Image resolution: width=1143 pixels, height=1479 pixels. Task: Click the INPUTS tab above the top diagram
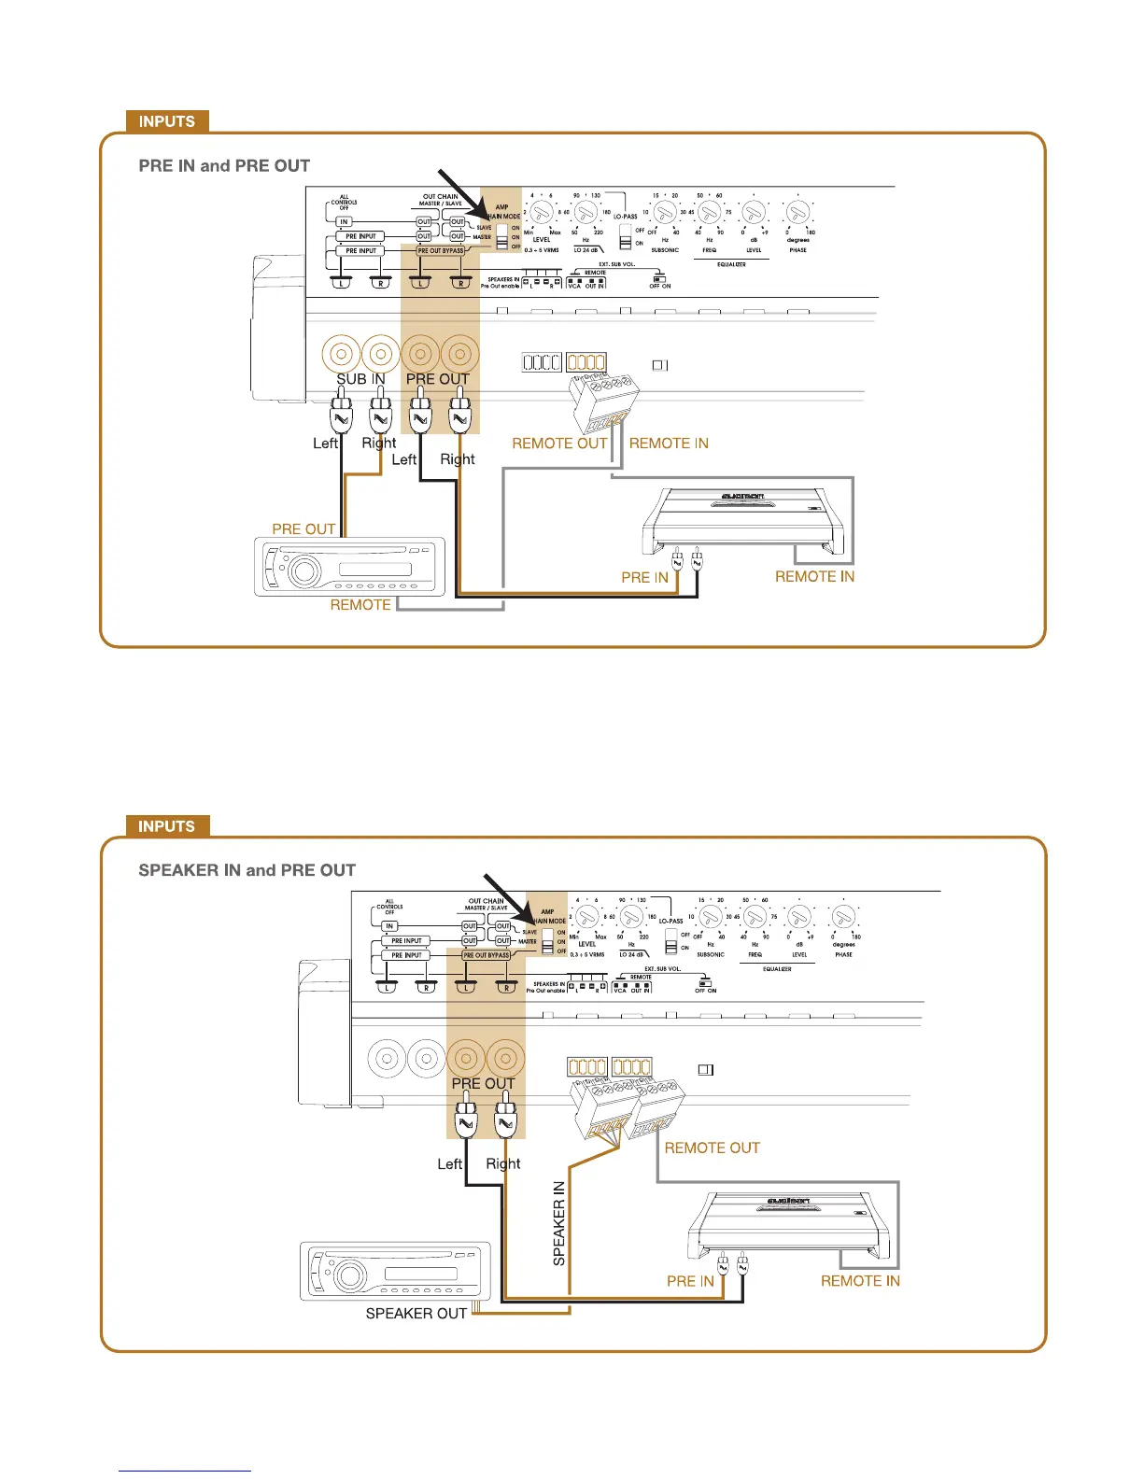point(167,121)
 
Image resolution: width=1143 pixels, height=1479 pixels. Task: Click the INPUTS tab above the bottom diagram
point(167,826)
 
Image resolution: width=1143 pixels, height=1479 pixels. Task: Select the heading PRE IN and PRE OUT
point(224,166)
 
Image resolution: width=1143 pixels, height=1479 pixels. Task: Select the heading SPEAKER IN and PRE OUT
point(247,870)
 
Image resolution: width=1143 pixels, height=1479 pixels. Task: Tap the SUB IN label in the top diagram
point(360,379)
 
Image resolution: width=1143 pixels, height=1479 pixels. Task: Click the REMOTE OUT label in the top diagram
point(559,444)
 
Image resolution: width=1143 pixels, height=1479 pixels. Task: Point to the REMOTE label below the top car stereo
point(360,605)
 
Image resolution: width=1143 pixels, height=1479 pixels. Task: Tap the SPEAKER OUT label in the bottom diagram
point(416,1314)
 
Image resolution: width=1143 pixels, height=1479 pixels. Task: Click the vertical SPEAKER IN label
point(559,1223)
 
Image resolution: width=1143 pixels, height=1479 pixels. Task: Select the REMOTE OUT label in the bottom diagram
point(713,1148)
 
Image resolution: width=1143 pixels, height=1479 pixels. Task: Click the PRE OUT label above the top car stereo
point(303,529)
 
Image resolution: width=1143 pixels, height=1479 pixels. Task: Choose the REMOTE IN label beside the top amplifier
point(814,577)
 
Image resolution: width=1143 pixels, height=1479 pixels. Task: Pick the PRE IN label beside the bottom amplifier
point(690,1281)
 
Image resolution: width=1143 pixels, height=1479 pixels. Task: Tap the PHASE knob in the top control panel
point(797,213)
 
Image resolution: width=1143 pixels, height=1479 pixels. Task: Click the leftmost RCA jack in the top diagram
point(340,355)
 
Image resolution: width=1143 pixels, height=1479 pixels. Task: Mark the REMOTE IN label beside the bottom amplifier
point(860,1281)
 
